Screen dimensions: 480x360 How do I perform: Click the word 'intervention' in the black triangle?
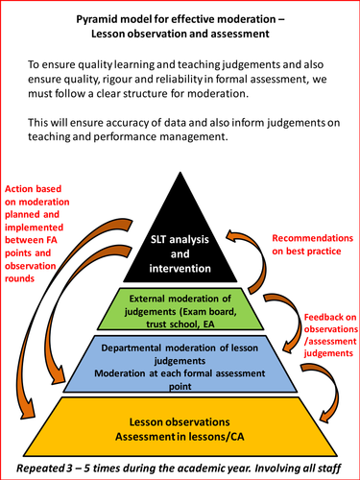181,257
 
